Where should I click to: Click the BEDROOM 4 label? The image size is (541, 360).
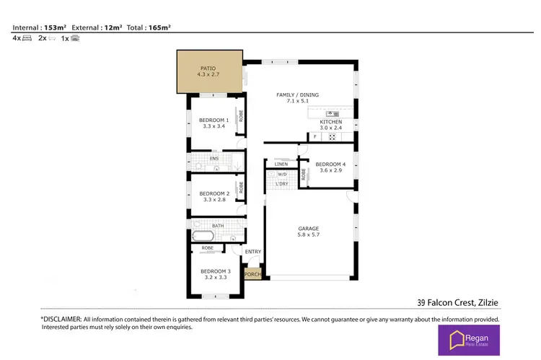[x=330, y=167]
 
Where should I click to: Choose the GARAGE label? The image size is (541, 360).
[x=309, y=232]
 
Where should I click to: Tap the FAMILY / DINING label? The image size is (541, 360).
[x=297, y=98]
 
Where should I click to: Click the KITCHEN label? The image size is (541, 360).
[x=330, y=126]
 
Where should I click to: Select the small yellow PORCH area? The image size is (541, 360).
[x=252, y=274]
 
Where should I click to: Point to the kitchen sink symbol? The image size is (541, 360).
[x=332, y=113]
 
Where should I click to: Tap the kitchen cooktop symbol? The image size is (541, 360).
[x=333, y=136]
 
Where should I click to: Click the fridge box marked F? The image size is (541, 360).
[x=315, y=137]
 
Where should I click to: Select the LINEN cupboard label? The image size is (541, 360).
[x=281, y=164]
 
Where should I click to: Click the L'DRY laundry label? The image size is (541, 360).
[x=282, y=184]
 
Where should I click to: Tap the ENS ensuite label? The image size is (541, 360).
[x=214, y=158]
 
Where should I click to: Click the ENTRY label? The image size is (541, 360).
[x=253, y=251]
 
